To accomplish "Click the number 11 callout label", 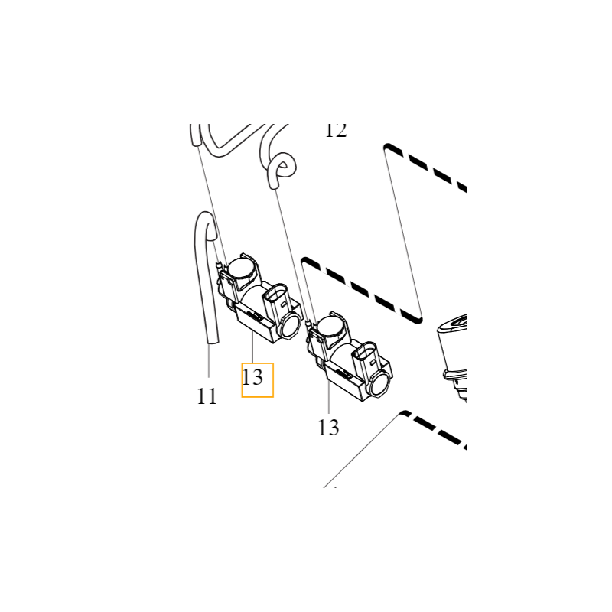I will pyautogui.click(x=207, y=396).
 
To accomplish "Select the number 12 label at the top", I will pyautogui.click(x=336, y=131).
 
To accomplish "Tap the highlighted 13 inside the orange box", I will pyautogui.click(x=253, y=377).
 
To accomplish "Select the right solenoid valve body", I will pyautogui.click(x=348, y=360).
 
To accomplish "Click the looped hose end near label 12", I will pyautogui.click(x=279, y=169).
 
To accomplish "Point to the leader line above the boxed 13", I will pyautogui.click(x=252, y=353).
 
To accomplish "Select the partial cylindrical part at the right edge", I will pyautogui.click(x=453, y=352).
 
